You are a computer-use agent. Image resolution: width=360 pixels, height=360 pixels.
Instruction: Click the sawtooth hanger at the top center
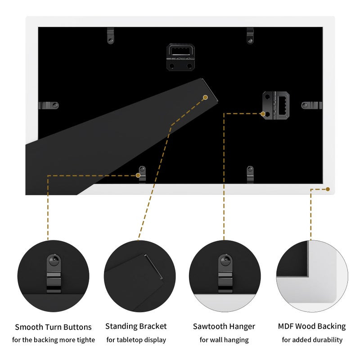click(180, 57)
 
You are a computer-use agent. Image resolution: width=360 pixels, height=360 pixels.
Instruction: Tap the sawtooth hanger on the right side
click(276, 105)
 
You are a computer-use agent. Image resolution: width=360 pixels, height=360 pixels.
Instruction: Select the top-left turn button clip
click(110, 36)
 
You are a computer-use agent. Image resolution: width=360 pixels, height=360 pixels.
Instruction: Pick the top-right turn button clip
click(250, 36)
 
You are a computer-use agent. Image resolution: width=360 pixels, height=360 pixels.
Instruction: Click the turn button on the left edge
click(49, 105)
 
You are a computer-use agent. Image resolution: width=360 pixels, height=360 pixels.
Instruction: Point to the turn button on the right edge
click(312, 105)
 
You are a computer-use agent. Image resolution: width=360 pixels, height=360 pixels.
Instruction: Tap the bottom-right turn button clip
click(250, 175)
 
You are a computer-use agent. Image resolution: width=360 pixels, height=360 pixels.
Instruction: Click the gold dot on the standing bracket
click(206, 97)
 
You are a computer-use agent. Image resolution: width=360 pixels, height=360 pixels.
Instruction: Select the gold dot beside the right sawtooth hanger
click(263, 114)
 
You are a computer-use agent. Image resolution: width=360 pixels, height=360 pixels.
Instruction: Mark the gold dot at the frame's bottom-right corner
click(328, 189)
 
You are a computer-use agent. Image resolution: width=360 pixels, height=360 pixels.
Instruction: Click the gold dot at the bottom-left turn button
click(138, 175)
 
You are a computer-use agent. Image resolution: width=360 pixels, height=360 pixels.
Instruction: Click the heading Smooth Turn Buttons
click(53, 327)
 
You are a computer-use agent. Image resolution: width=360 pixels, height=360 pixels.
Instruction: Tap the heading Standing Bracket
click(136, 326)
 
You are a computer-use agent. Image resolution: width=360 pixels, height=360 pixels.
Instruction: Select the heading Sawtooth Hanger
click(224, 327)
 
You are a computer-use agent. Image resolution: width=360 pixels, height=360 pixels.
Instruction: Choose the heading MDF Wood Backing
click(312, 326)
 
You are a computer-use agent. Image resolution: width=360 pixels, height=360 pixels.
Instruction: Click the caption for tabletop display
click(136, 340)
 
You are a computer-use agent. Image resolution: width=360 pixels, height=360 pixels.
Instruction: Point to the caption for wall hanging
click(224, 340)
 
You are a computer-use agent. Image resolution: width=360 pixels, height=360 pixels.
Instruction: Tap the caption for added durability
click(312, 340)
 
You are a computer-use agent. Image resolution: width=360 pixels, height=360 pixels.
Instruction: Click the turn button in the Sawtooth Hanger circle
click(225, 273)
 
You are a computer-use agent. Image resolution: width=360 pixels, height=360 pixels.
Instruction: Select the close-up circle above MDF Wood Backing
click(312, 276)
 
